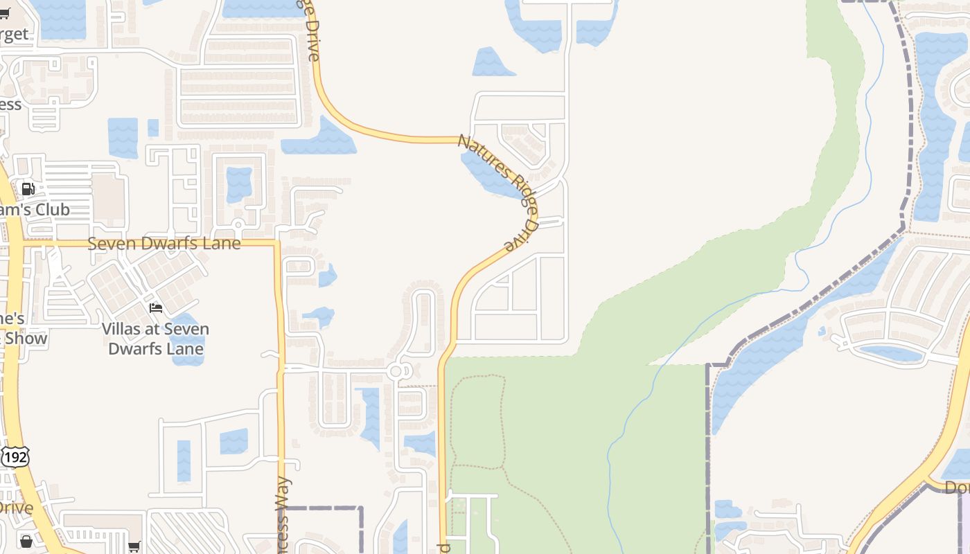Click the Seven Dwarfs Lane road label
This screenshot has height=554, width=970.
164,244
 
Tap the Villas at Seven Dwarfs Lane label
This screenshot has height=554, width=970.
156,339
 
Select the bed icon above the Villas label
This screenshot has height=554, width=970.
156,307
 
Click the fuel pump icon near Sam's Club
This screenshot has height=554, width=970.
28,188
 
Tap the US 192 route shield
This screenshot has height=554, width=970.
15,457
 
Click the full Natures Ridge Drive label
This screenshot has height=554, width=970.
499,193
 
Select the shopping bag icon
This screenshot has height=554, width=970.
26,541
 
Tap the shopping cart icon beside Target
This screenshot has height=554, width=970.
4,13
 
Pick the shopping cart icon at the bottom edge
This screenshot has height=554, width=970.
134,547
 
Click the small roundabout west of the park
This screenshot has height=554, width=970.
396,372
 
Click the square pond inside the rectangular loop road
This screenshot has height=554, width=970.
239,184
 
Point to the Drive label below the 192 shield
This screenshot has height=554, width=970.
15,508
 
